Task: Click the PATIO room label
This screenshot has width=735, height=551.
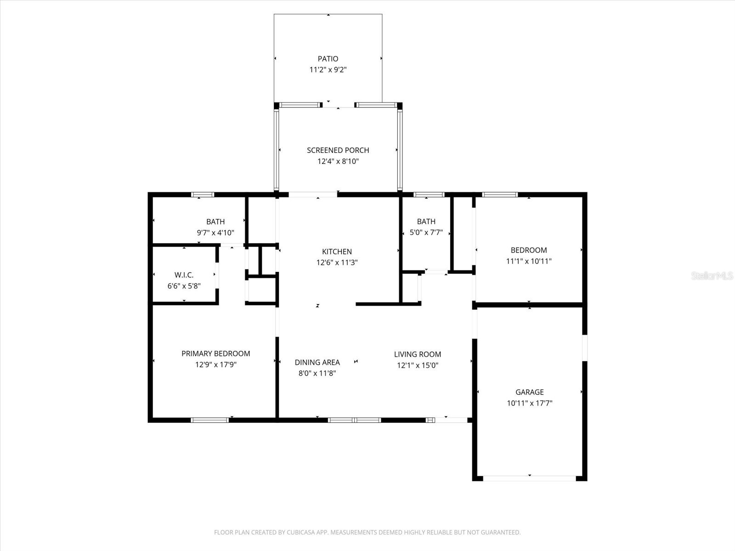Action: tap(328, 59)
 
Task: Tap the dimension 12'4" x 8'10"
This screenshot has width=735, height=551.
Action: tap(338, 162)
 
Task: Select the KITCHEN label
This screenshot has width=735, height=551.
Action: tap(337, 252)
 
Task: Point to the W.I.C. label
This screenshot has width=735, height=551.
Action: tap(184, 275)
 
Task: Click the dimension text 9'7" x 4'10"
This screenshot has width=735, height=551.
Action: tap(215, 233)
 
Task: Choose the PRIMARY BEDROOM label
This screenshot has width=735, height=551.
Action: tap(215, 354)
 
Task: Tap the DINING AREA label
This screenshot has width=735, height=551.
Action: tap(317, 362)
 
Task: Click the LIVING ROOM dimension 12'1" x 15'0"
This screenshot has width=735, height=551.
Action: tap(417, 365)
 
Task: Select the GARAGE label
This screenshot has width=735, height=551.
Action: tap(529, 392)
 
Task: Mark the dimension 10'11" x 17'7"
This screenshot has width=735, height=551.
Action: tap(529, 403)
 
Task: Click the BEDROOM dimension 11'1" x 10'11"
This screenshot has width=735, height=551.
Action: tap(528, 261)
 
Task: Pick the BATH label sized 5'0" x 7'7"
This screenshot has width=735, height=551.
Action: tap(426, 221)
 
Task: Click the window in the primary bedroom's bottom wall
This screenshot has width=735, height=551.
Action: tap(209, 420)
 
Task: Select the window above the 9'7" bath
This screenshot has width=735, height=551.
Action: tap(203, 195)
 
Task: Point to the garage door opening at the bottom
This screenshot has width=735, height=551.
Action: tap(529, 478)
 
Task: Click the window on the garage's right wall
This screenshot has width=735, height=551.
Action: tap(585, 348)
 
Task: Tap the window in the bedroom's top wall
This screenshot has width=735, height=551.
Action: tap(499, 195)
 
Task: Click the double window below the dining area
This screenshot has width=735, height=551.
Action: tap(354, 420)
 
